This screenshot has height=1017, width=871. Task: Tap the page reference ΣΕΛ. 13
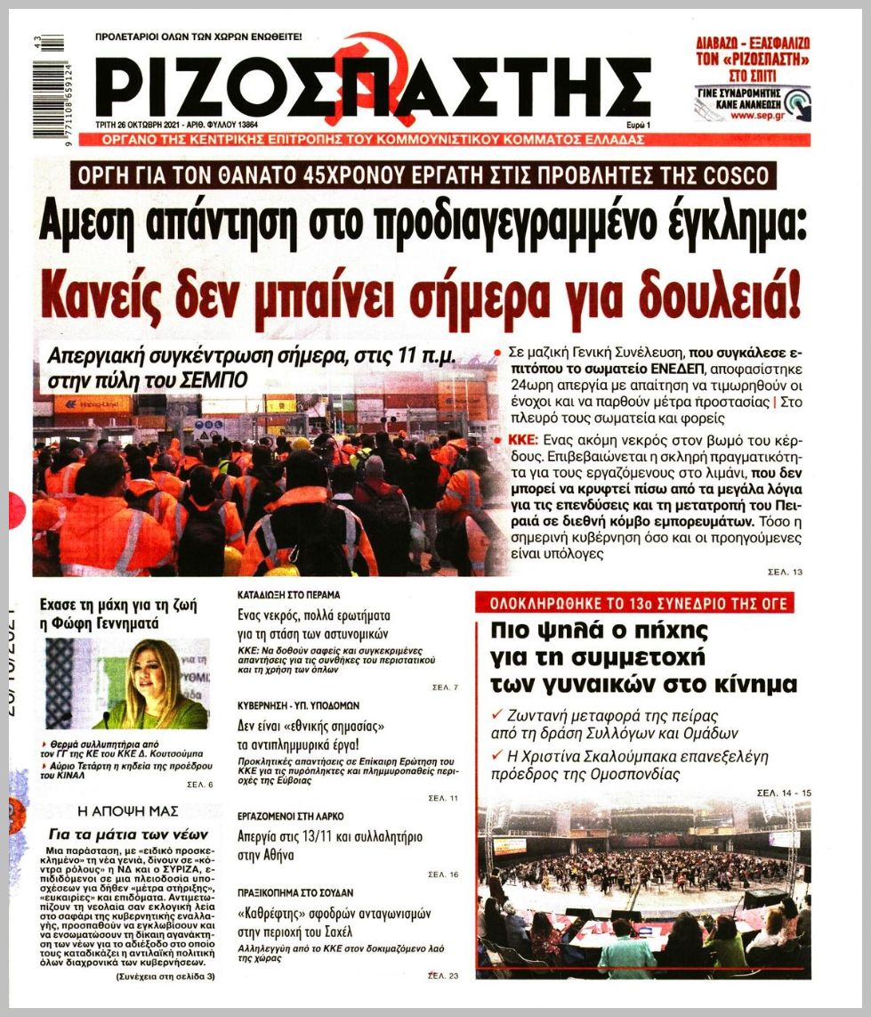785,572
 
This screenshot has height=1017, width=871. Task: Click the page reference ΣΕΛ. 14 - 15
784,792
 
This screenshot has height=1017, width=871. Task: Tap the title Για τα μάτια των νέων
128,834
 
